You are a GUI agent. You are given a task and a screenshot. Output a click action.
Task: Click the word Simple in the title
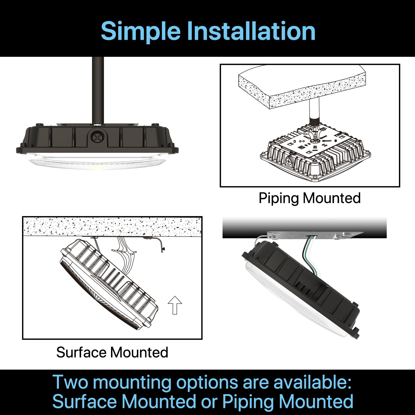point(140,31)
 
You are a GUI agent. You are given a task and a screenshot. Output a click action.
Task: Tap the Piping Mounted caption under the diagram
point(310,198)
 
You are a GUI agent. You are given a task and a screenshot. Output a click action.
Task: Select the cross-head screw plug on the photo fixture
point(98,138)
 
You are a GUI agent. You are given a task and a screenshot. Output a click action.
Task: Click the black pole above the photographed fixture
point(98,88)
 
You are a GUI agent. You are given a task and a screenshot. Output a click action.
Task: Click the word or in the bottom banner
point(209,402)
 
